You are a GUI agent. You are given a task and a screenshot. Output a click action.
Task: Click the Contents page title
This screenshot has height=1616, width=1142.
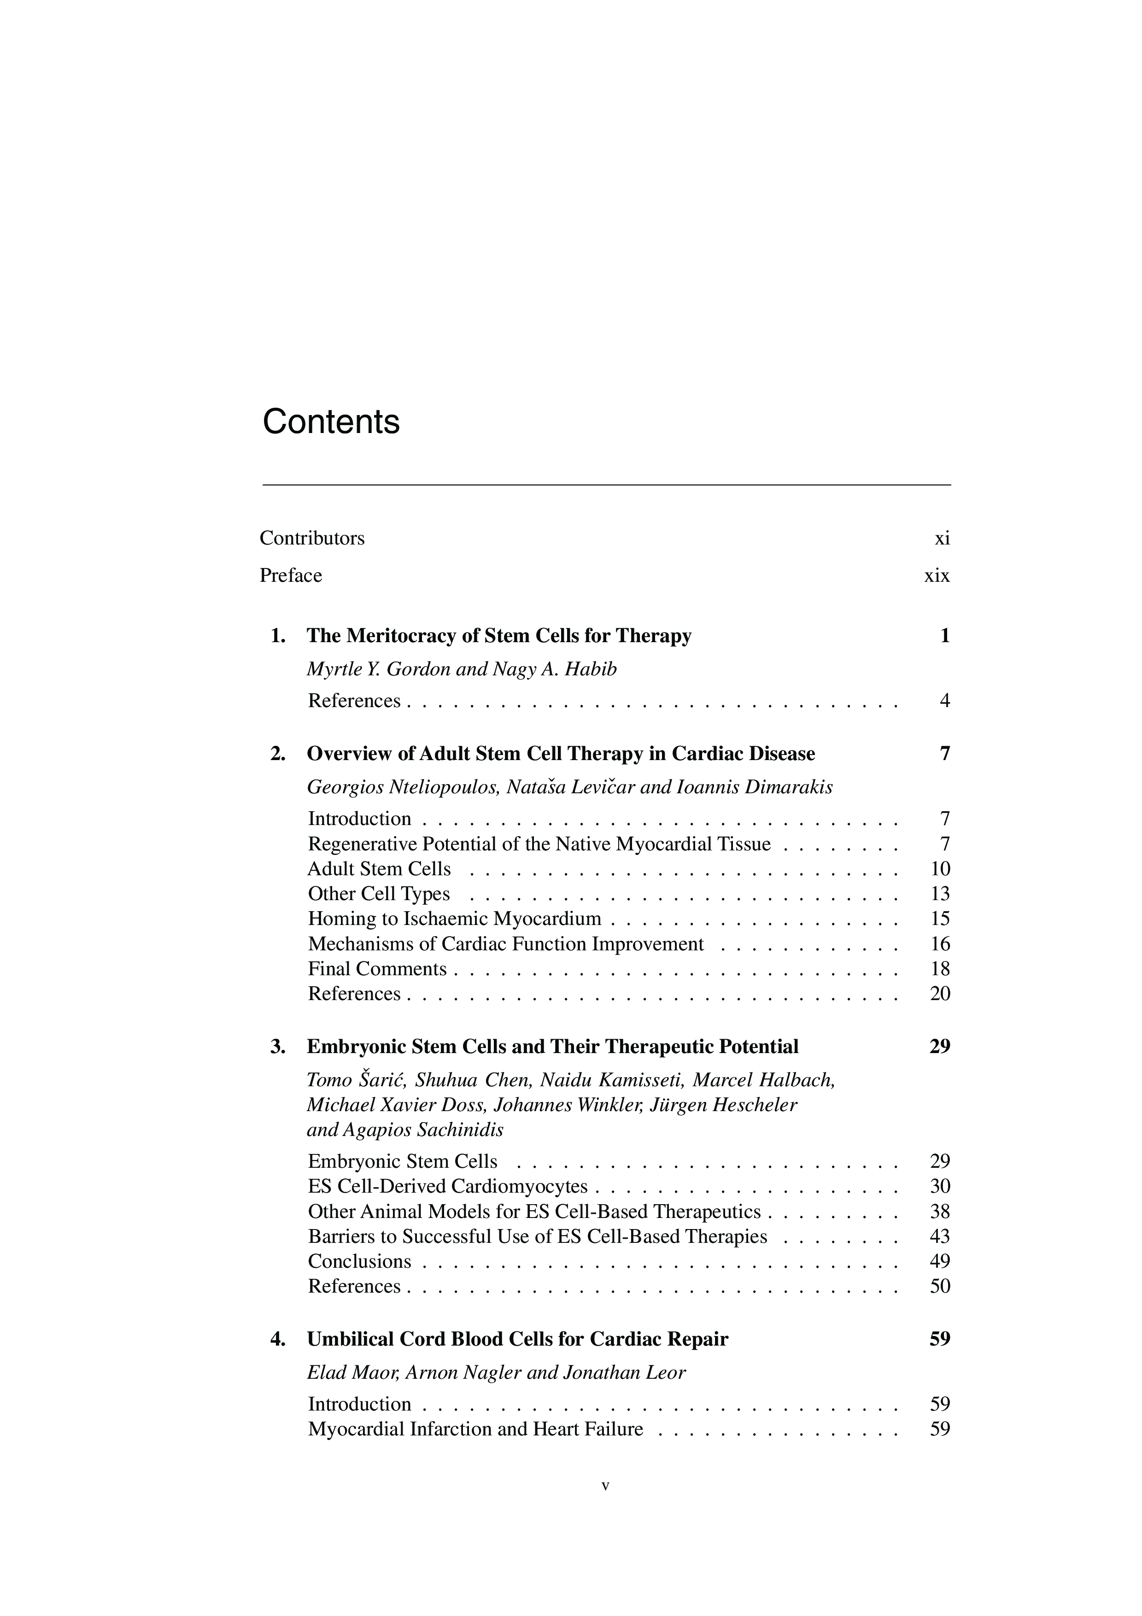(x=331, y=422)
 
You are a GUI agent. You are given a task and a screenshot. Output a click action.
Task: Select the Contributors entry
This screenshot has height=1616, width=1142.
(x=312, y=539)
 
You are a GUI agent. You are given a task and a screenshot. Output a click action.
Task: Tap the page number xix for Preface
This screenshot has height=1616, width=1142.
(x=937, y=576)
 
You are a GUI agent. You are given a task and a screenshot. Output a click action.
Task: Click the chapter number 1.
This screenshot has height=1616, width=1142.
(x=277, y=636)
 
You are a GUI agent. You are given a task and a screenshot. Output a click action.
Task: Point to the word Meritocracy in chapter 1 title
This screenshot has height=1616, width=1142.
(x=403, y=636)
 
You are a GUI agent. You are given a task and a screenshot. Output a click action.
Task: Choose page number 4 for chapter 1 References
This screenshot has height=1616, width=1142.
(x=944, y=701)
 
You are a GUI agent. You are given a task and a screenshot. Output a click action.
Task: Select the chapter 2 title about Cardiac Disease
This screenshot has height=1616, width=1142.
(x=561, y=754)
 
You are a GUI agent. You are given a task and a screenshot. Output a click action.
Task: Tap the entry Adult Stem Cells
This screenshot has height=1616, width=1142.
(x=379, y=869)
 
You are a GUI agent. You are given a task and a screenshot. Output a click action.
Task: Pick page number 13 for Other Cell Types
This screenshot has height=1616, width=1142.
(x=940, y=894)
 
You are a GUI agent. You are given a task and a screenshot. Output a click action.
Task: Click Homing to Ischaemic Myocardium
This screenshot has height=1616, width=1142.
(x=455, y=919)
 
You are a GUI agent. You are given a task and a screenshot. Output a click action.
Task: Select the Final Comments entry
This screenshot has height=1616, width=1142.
(x=377, y=969)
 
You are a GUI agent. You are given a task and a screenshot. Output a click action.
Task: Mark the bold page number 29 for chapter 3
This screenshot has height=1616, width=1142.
(x=939, y=1047)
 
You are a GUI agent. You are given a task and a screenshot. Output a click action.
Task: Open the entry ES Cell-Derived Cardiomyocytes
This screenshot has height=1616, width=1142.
(x=447, y=1187)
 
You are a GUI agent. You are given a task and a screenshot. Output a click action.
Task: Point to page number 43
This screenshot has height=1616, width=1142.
(x=940, y=1236)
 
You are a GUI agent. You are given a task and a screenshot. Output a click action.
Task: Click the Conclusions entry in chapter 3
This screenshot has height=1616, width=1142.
(x=360, y=1261)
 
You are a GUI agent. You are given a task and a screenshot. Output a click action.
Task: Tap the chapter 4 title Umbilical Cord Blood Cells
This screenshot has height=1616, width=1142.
(x=517, y=1340)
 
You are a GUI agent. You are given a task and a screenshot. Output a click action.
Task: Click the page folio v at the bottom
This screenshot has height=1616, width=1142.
(x=605, y=1487)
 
